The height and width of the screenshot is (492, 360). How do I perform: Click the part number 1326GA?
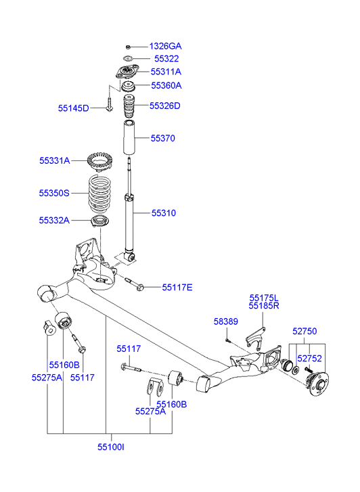pyautogui.click(x=165, y=47)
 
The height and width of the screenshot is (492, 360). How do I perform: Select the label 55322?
pyautogui.click(x=166, y=59)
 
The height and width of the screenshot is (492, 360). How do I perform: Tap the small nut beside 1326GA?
pyautogui.click(x=128, y=47)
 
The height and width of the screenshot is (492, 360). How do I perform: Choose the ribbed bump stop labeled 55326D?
pyautogui.click(x=128, y=106)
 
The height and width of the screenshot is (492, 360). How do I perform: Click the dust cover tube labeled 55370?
pyautogui.click(x=129, y=137)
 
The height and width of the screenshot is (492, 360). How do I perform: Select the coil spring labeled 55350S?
pyautogui.click(x=99, y=193)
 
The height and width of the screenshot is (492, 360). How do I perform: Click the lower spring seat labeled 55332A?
pyautogui.click(x=99, y=221)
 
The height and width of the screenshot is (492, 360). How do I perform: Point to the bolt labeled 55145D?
pyautogui.click(x=109, y=104)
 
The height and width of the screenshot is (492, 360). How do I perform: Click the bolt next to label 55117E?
pyautogui.click(x=135, y=284)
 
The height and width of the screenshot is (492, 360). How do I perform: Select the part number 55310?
pyautogui.click(x=164, y=213)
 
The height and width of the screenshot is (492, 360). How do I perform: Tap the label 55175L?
pyautogui.click(x=264, y=298)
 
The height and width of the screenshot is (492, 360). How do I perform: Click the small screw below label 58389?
pyautogui.click(x=227, y=340)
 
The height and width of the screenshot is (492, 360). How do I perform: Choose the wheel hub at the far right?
pyautogui.click(x=317, y=384)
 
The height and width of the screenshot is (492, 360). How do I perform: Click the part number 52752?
pyautogui.click(x=309, y=358)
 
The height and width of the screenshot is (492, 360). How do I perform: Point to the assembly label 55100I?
pyautogui.click(x=111, y=447)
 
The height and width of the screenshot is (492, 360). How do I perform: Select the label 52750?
pyautogui.click(x=305, y=331)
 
